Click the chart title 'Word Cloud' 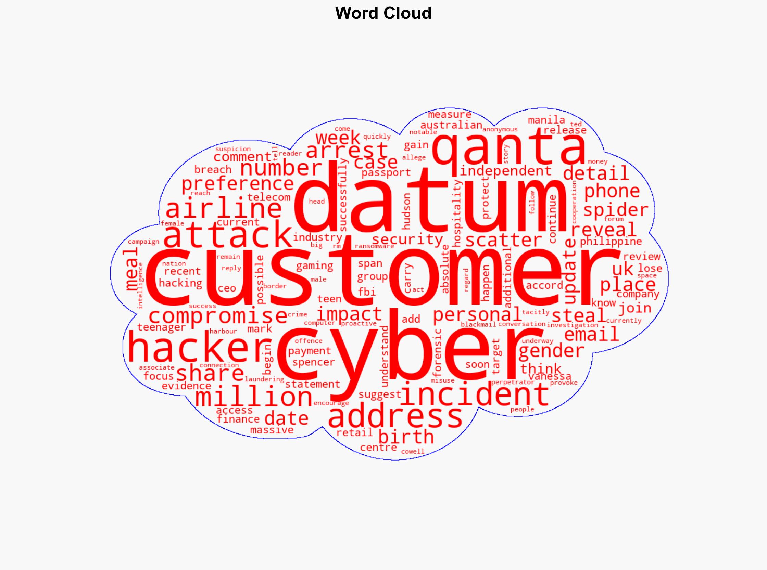tap(383, 13)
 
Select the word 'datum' tap(430, 200)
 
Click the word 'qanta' tap(510, 147)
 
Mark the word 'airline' tap(224, 209)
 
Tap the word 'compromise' tap(218, 316)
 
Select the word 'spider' tap(616, 210)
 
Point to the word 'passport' tap(386, 172)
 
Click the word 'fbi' tap(366, 292)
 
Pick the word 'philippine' tap(611, 242)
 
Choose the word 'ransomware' tap(374, 246)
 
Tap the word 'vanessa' tap(550, 376)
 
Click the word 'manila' tap(546, 120)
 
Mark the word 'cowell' tap(413, 452)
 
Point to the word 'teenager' tap(161, 327)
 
